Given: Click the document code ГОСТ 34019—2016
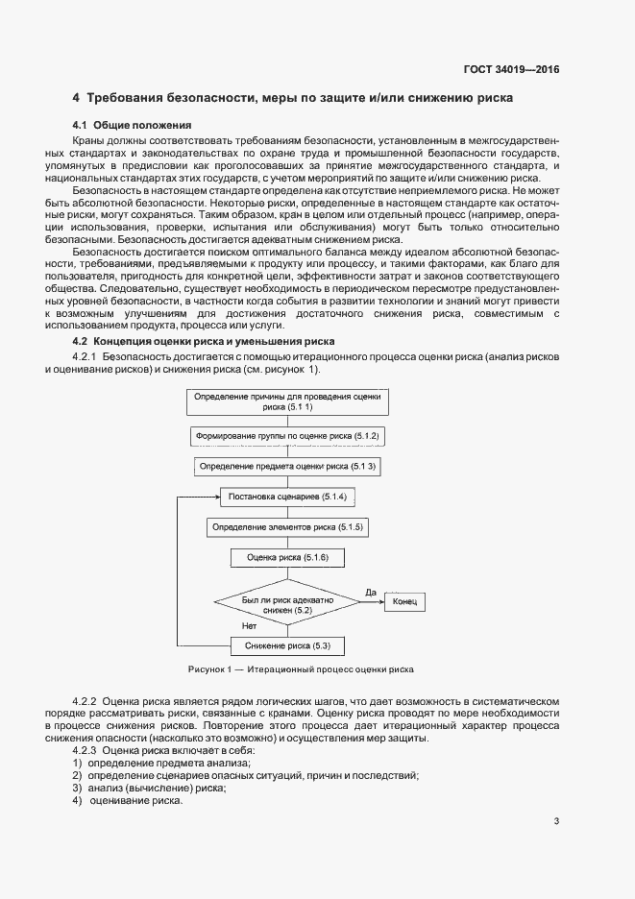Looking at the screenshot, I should (512, 70).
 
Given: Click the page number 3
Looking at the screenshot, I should (556, 820).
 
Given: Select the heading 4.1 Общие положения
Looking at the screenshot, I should (133, 125).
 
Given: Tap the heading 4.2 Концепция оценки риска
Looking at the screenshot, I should (204, 342).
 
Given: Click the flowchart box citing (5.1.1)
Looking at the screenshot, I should (287, 401).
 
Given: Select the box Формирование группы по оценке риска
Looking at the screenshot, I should (287, 436).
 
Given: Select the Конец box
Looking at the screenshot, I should (404, 602).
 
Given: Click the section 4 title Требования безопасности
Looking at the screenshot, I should (293, 98).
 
